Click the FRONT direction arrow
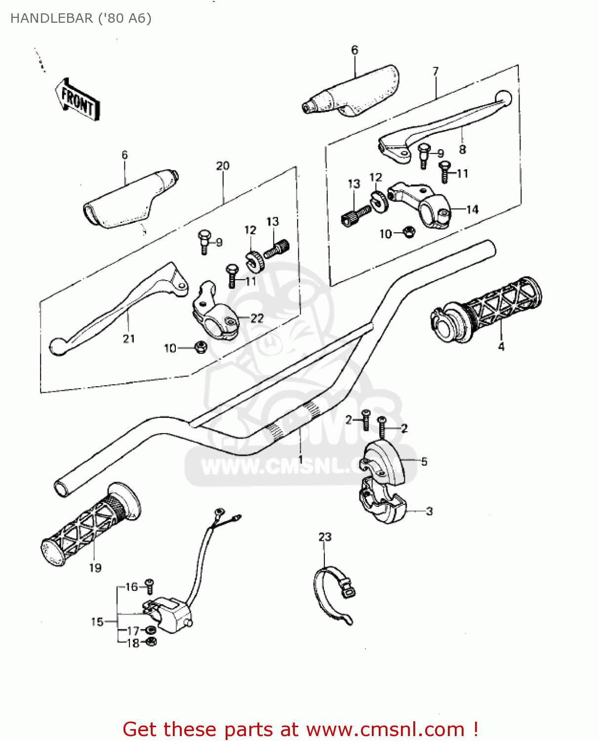[77, 99]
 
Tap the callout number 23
[325, 537]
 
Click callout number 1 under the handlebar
[300, 459]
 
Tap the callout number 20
[223, 165]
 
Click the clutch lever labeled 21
[119, 306]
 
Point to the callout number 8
[462, 149]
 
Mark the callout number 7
[435, 72]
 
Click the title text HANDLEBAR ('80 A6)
[81, 18]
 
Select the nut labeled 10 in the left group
[200, 347]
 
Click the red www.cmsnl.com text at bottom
[385, 729]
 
